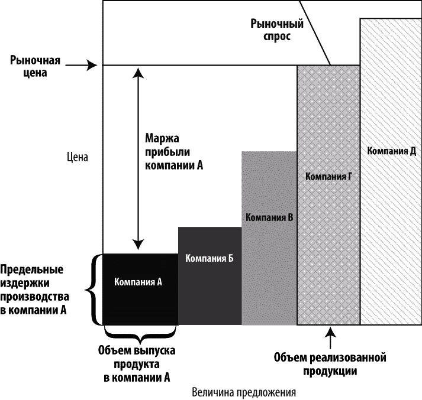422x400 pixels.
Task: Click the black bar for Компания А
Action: click(140, 290)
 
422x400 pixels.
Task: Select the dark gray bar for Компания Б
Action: click(210, 276)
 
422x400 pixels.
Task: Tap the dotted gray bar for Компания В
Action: click(269, 238)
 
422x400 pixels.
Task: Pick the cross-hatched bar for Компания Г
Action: click(328, 195)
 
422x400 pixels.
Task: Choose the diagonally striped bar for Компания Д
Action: click(391, 172)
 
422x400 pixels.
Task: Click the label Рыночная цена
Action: click(35, 66)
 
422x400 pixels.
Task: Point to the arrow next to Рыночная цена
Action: click(81, 65)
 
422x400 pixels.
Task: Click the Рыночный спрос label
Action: click(277, 30)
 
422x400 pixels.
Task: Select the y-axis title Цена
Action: click(78, 157)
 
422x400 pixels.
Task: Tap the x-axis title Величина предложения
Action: click(244, 392)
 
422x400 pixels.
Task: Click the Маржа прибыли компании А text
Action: click(174, 152)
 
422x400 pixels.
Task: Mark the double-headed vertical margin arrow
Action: click(138, 159)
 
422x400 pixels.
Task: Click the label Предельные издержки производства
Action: click(34, 290)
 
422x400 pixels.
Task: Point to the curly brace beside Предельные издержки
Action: click(90, 290)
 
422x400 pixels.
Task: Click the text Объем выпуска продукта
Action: click(137, 364)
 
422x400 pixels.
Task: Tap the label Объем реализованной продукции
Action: click(330, 365)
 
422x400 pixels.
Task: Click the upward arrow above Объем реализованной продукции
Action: click(330, 338)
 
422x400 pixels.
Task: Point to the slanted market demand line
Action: click(315, 32)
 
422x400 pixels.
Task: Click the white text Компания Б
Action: click(210, 258)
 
